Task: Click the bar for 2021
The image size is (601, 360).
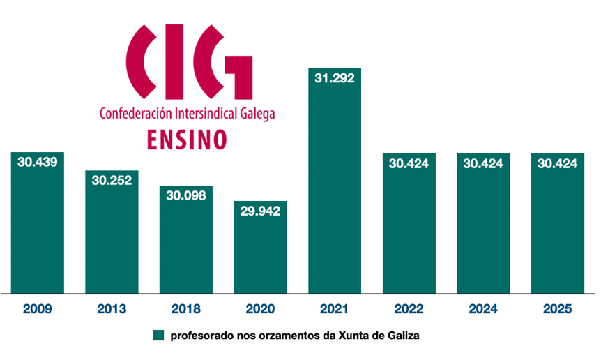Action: tap(335, 195)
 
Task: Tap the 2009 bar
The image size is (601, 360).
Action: tap(38, 230)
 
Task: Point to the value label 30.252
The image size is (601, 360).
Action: tap(112, 180)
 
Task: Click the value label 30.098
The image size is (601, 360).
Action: tap(186, 195)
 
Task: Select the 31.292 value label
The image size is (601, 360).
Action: tap(335, 78)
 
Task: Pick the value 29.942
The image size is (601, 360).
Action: tap(260, 211)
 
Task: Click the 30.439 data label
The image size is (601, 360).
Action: tap(38, 162)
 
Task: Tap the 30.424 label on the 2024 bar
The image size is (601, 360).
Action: tap(483, 164)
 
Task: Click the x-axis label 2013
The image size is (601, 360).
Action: tap(112, 308)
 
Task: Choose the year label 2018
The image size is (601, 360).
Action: tap(186, 308)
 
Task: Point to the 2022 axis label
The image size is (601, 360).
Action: tap(409, 308)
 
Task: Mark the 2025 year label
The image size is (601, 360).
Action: tap(558, 308)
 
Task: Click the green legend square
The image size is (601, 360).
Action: tap(158, 335)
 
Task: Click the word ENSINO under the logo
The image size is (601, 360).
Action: tap(187, 139)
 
